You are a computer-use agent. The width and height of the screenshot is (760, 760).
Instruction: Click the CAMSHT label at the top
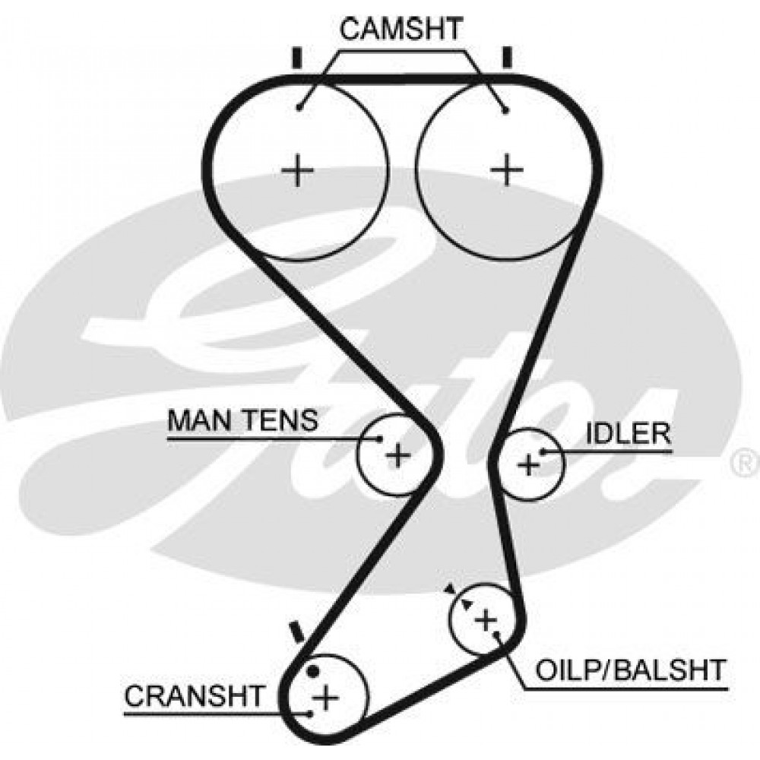tap(401, 29)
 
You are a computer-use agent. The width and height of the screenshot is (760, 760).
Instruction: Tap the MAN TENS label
tap(242, 420)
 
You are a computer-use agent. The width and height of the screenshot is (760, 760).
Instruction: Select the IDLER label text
tap(629, 434)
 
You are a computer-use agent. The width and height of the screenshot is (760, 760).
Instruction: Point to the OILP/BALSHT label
tap(631, 670)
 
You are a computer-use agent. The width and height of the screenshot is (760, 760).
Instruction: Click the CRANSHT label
tap(195, 696)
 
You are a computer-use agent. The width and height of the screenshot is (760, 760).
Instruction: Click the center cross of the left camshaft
tap(298, 170)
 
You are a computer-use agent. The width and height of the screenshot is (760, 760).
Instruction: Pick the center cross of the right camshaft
tap(507, 169)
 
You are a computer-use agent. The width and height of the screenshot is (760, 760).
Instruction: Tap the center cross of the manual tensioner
tap(398, 455)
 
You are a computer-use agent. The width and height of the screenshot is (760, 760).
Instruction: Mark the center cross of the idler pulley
tap(528, 465)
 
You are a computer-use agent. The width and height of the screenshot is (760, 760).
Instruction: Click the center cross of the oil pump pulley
tap(486, 620)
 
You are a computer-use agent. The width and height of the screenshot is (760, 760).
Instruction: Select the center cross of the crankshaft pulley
tap(326, 698)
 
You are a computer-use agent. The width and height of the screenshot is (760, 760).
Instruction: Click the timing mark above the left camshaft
tap(297, 58)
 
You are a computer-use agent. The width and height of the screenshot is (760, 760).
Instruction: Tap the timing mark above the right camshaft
tap(508, 58)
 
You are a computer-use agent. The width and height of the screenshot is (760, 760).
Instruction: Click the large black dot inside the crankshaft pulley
tap(313, 672)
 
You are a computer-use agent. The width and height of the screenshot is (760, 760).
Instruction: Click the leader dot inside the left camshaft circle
tap(300, 108)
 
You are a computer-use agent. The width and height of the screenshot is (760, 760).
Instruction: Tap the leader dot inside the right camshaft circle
tap(505, 111)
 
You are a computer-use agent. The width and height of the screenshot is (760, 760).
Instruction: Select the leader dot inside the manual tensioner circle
tap(380, 439)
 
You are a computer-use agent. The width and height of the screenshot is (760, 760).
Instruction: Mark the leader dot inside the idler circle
tap(543, 451)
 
